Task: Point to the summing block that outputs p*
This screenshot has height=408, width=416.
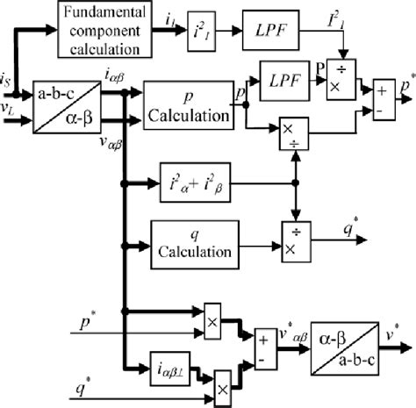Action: coord(383,97)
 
